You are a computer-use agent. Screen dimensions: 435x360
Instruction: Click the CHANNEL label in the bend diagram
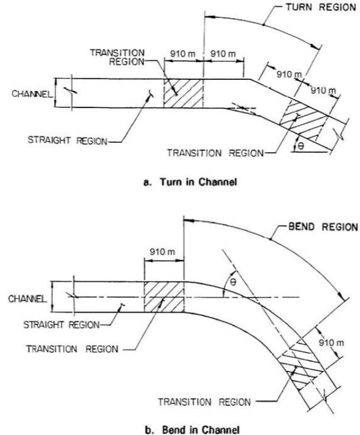point(27,299)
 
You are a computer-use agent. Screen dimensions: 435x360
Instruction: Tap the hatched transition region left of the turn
point(183,93)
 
